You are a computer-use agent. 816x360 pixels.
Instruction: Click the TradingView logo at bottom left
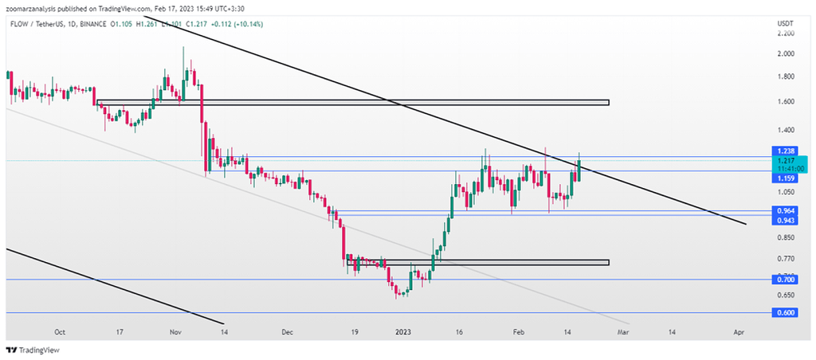[33, 350]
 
